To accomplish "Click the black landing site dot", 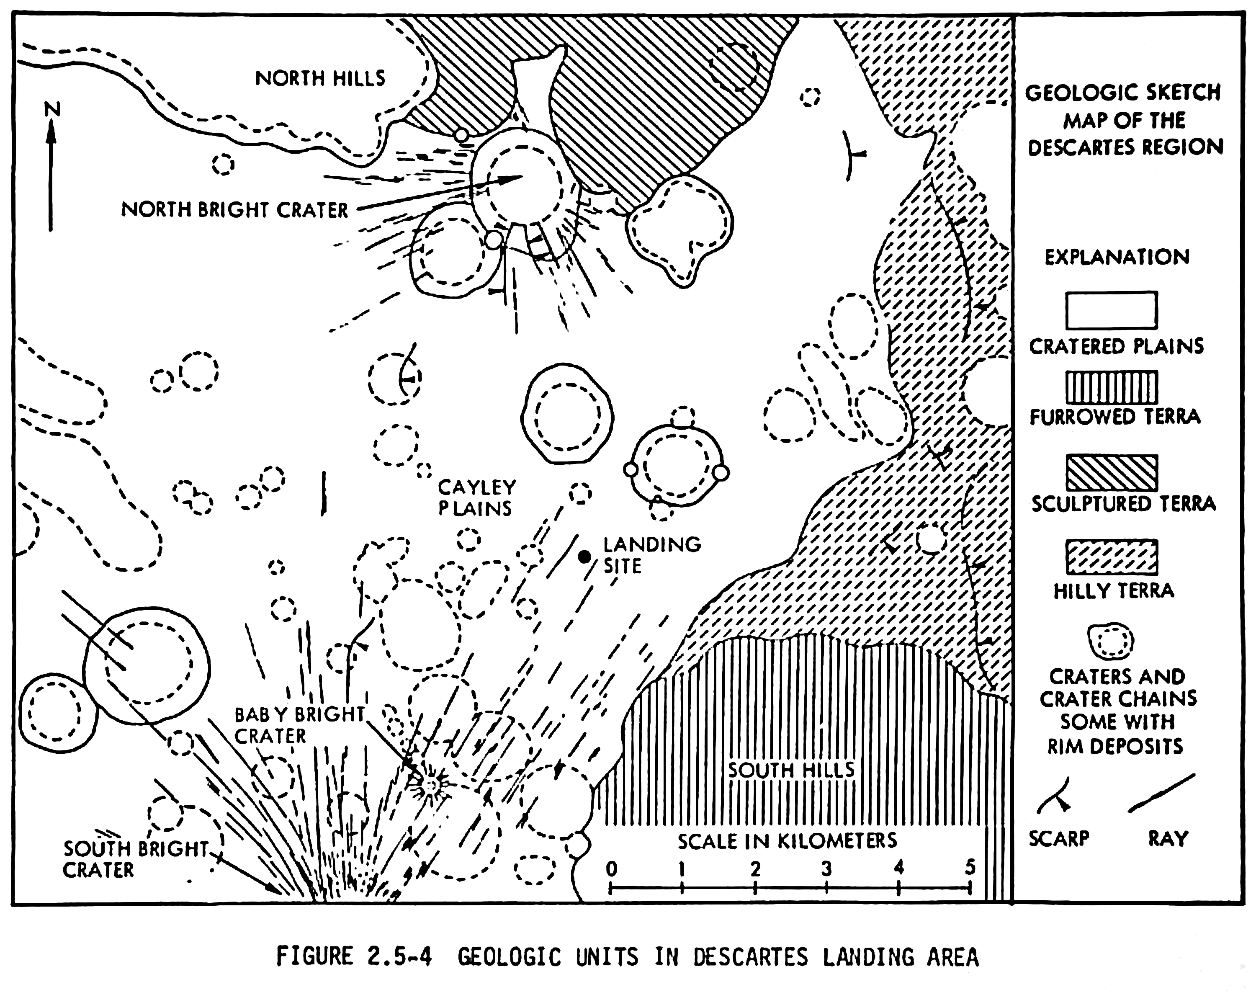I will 584,557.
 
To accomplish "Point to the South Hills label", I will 791,770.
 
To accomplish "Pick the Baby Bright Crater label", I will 299,725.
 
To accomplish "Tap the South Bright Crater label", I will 135,859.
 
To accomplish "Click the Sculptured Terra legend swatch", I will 1111,473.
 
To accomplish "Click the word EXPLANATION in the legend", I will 1116,257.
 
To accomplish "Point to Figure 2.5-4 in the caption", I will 354,957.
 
